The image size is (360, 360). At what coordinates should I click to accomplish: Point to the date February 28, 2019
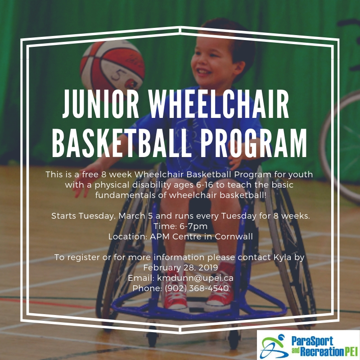180,268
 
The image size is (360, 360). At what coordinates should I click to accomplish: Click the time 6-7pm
194,226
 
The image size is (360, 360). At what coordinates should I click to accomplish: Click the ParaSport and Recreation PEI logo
308,344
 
